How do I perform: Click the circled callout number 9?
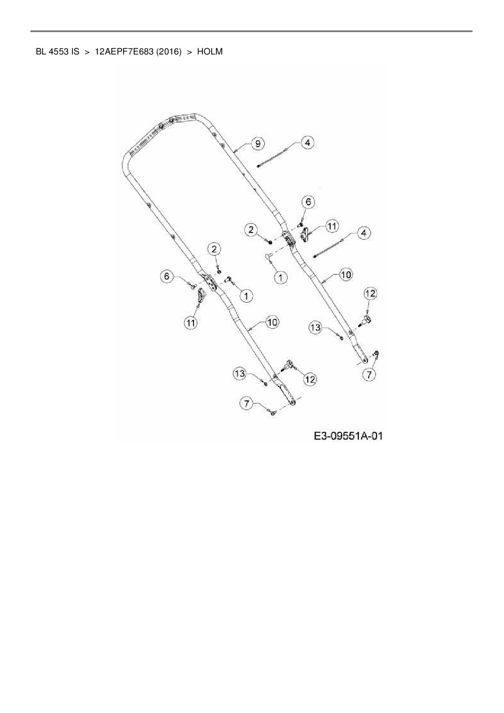point(258,143)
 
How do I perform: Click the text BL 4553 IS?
point(57,52)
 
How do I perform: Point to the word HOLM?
point(210,52)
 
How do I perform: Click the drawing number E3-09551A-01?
point(348,436)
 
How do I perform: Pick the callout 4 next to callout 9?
point(307,142)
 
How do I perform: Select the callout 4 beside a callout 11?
point(363,233)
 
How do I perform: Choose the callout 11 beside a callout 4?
point(332,226)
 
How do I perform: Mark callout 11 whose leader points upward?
point(191,323)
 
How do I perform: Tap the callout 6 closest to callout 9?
point(308,202)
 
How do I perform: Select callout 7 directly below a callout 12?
point(369,375)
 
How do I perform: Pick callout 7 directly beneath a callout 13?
point(246,404)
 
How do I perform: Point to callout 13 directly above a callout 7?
point(240,373)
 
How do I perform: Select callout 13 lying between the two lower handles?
point(316,327)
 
